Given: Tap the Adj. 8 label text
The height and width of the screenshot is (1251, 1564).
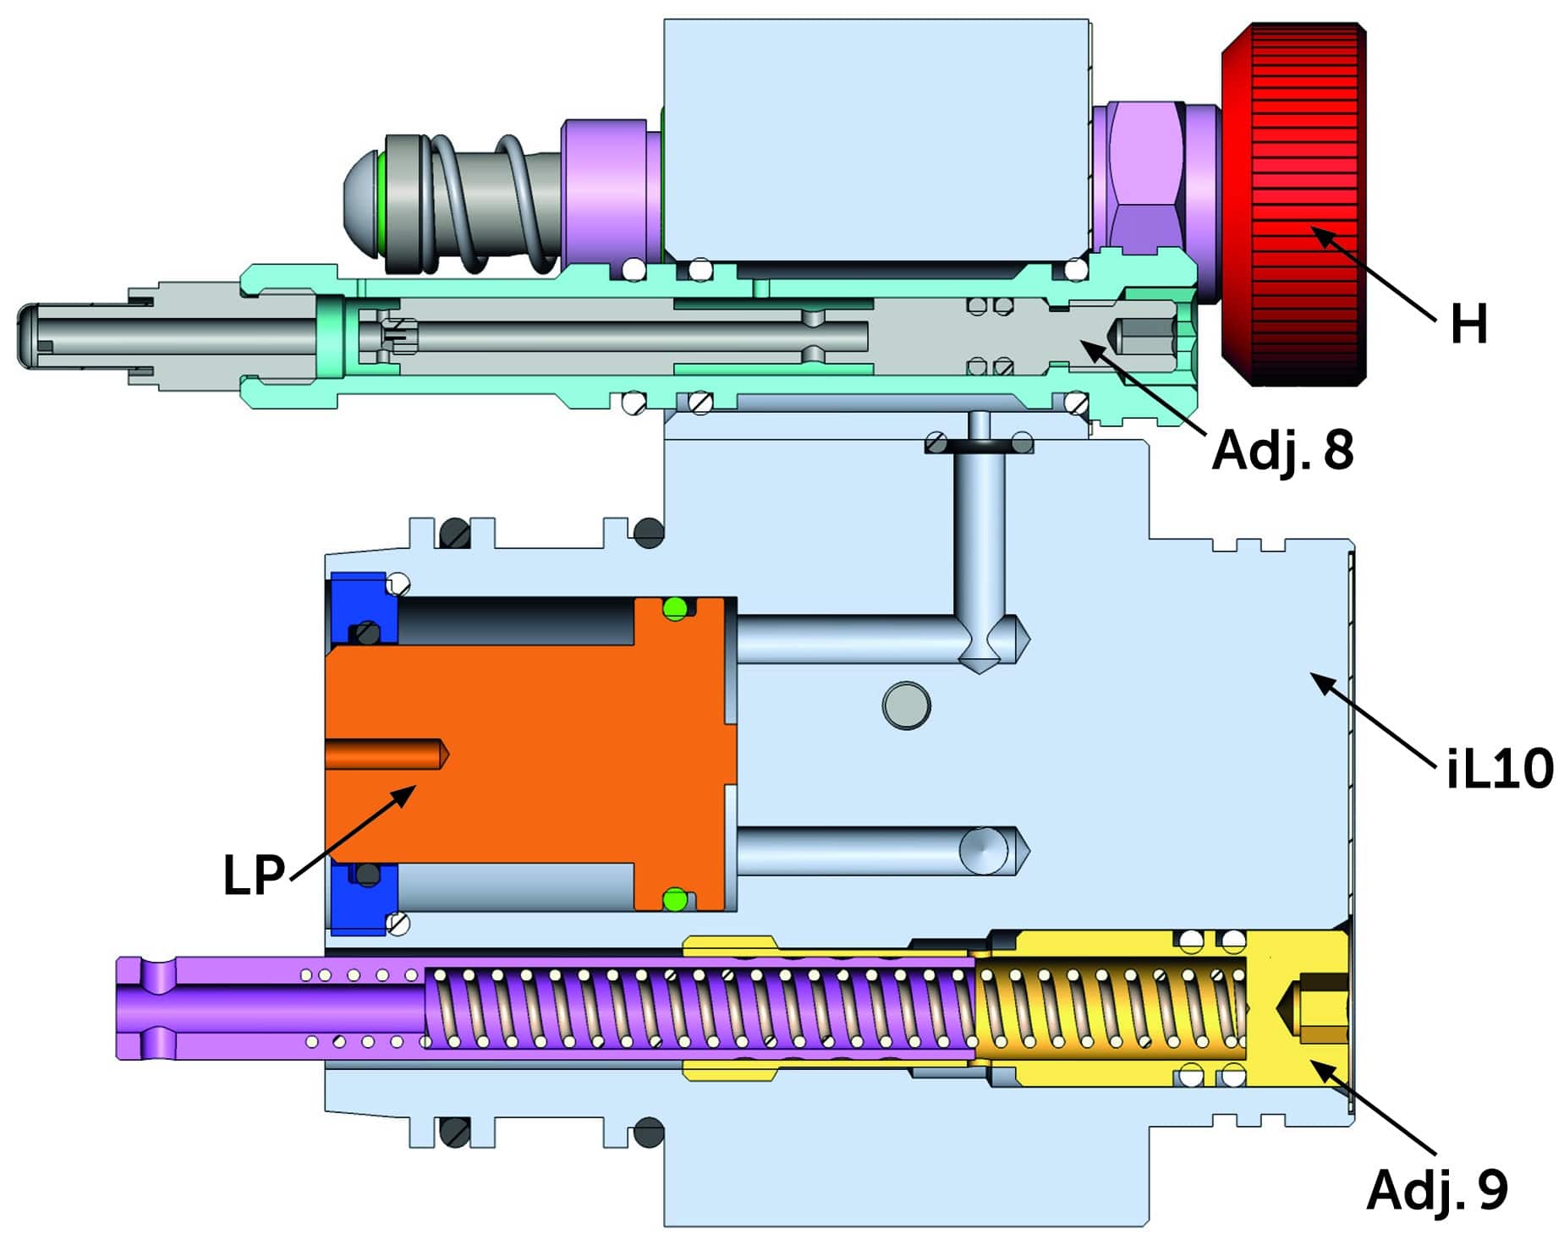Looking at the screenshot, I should point(1281,450).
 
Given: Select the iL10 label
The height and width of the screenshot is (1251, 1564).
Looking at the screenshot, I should point(1499,768).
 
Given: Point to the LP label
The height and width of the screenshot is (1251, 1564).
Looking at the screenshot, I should point(253,875).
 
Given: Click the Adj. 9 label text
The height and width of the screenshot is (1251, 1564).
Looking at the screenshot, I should point(1436,1189).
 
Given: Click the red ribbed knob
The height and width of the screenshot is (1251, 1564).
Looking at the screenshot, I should point(1292,203).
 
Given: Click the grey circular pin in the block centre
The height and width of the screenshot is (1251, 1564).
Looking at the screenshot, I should point(906,705).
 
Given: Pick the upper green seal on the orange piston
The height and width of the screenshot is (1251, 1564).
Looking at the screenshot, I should point(674,607).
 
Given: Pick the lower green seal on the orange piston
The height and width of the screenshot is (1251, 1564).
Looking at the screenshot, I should point(674,899).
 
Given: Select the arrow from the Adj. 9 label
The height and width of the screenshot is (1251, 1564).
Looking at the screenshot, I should point(1375,1108).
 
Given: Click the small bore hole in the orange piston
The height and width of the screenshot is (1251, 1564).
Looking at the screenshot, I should point(385,754).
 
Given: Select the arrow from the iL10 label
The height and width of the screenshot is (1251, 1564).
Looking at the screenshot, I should point(1375,720).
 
